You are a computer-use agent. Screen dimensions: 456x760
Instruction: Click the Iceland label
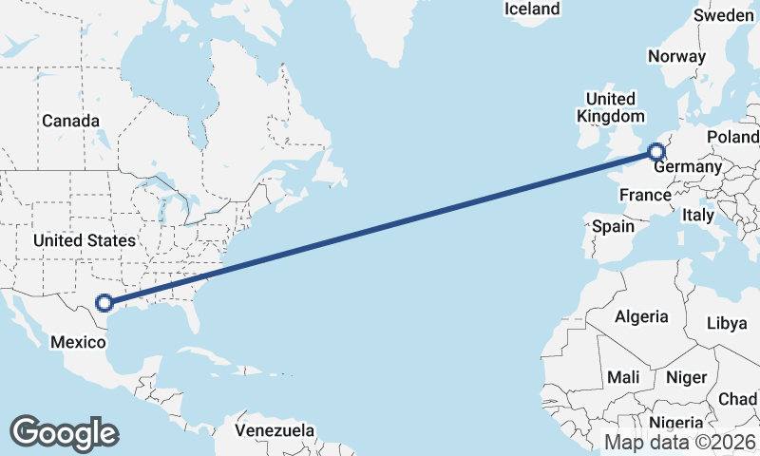pyautogui.click(x=532, y=9)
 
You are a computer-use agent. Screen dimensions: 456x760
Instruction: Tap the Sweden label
pyautogui.click(x=724, y=15)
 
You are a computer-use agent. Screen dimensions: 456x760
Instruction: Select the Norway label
pyautogui.click(x=676, y=56)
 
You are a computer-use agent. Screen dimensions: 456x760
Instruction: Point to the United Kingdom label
pyautogui.click(x=610, y=107)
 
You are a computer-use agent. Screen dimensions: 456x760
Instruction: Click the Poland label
pyautogui.click(x=732, y=138)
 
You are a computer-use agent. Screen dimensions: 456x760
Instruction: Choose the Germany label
pyautogui.click(x=689, y=167)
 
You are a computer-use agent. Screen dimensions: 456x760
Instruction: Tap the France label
pyautogui.click(x=645, y=195)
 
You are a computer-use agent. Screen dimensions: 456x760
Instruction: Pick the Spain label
pyautogui.click(x=613, y=227)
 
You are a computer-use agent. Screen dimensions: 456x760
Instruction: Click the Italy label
pyautogui.click(x=697, y=217)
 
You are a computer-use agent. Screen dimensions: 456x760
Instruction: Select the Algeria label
pyautogui.click(x=641, y=316)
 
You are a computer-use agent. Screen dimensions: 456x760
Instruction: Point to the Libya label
pyautogui.click(x=727, y=323)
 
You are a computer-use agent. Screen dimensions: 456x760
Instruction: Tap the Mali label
pyautogui.click(x=623, y=377)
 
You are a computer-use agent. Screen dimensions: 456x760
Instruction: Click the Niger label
pyautogui.click(x=686, y=377)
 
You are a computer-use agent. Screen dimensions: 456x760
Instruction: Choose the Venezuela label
pyautogui.click(x=275, y=430)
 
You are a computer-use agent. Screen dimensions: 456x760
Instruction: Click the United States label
pyautogui.click(x=84, y=240)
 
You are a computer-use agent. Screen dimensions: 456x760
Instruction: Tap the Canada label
pyautogui.click(x=70, y=122)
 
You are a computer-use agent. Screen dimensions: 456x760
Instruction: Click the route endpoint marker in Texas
pyautogui.click(x=104, y=304)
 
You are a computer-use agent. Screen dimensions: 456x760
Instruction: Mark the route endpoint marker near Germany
pyautogui.click(x=656, y=151)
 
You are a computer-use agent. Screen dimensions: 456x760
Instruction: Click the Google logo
pyautogui.click(x=64, y=432)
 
